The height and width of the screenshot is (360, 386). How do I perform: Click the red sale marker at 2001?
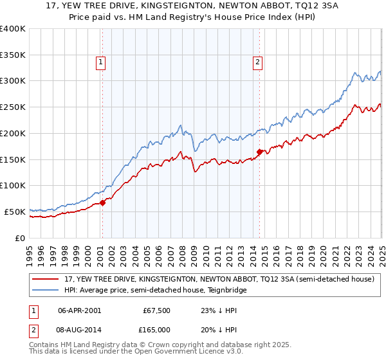102,203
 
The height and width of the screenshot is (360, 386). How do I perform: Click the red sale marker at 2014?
259,152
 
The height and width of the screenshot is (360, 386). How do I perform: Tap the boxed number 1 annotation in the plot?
102,62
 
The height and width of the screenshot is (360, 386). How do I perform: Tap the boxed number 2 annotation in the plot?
257,62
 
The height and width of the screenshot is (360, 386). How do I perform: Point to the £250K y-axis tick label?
13,107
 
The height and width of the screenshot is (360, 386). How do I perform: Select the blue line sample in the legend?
46,290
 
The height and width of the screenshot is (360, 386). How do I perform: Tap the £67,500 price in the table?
154,309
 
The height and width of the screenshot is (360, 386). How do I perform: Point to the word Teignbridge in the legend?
225,290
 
